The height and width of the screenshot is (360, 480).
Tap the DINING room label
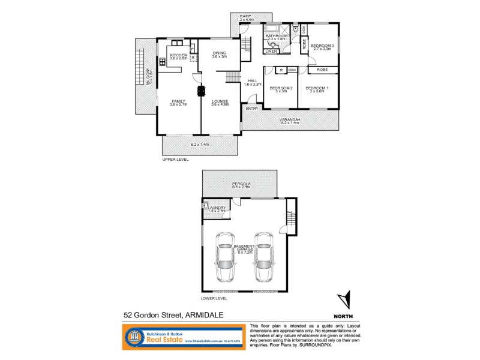coord(219,53)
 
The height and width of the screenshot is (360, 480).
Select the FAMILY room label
coord(179,101)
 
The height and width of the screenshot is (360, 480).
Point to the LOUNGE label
coord(220,101)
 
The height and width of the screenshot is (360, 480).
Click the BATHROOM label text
coord(277,36)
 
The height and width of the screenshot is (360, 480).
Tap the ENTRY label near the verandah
coord(251,108)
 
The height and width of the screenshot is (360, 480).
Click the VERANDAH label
coord(290,119)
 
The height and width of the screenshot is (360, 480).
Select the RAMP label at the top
coord(245,16)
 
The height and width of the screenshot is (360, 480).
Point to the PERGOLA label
coord(241,183)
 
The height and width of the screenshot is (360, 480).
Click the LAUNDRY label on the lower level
coord(216,208)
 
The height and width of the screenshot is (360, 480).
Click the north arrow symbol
coord(343,300)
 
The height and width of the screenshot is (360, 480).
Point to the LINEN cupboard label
coord(271,51)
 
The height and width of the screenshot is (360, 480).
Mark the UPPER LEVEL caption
coord(175,160)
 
